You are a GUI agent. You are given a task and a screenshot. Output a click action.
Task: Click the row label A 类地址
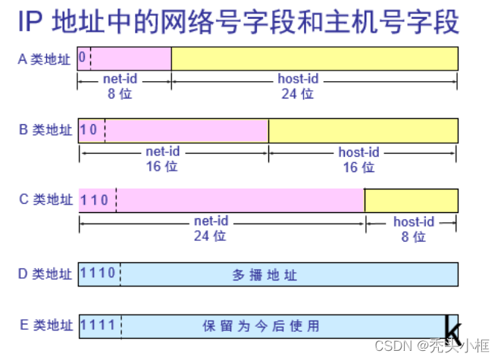[x=45, y=59]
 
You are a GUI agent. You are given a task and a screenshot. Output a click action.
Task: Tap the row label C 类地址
[x=46, y=200]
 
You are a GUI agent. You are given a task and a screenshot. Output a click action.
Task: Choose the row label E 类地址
[x=46, y=326]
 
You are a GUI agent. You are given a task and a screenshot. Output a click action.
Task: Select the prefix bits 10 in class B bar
[x=89, y=130]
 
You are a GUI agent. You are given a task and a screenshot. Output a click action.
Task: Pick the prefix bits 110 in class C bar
[x=96, y=200]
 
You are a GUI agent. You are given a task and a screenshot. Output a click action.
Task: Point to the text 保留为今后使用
[x=261, y=327]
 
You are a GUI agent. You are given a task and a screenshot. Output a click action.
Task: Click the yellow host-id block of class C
[x=412, y=200]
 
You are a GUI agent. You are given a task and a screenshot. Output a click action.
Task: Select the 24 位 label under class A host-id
[x=296, y=94]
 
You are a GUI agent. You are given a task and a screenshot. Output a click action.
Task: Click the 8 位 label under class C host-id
[x=414, y=236]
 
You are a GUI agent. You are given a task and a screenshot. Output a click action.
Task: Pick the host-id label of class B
[x=359, y=152]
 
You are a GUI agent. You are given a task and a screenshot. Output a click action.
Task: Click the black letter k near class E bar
[x=452, y=330]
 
